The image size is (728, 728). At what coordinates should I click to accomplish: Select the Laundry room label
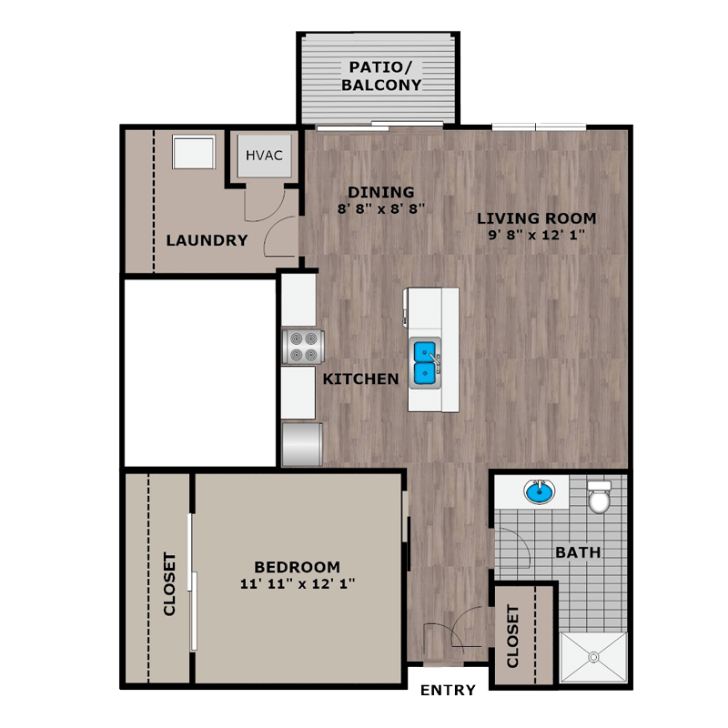pos(207,241)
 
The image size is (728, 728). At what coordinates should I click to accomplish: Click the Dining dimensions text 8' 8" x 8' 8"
pos(381,207)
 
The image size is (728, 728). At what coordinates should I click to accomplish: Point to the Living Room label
pos(537,218)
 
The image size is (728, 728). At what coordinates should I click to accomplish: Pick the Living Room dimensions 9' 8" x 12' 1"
pos(537,235)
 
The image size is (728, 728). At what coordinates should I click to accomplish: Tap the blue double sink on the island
pos(424,361)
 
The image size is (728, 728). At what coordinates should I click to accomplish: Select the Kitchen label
pos(361,379)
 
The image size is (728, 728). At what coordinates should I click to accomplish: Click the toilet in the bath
pos(599,498)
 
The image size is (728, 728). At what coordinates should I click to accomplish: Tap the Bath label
pos(578,552)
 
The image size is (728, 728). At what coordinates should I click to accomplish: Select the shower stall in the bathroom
pos(592,656)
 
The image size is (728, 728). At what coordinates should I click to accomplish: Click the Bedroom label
pos(297,566)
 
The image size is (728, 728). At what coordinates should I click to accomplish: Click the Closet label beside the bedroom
pos(169,583)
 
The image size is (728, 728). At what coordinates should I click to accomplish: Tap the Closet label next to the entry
pos(513,635)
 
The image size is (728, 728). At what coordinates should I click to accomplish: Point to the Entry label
pos(447,691)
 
